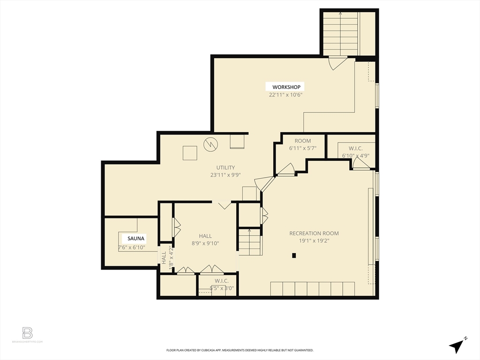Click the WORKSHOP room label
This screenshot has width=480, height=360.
coord(286,87)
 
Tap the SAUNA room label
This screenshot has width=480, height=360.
coord(134,238)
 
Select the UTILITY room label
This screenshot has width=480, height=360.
coord(225,167)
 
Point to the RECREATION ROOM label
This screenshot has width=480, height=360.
coord(314,233)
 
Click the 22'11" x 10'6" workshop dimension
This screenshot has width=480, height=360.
coord(286,95)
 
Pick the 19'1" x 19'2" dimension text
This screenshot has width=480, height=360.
coord(314,241)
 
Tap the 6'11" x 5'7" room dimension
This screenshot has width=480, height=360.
coord(302,148)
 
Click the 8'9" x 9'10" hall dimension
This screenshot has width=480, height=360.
coord(205,243)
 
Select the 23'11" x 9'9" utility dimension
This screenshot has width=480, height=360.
coord(225,175)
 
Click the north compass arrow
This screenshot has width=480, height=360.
coord(457,345)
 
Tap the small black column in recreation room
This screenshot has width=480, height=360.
coord(294,255)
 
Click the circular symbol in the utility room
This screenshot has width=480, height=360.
coord(211,144)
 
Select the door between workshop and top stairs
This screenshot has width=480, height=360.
coord(337,63)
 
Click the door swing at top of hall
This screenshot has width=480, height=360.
coord(225,205)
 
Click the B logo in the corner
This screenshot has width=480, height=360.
coord(28,333)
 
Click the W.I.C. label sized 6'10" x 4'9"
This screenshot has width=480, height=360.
coord(355,149)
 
